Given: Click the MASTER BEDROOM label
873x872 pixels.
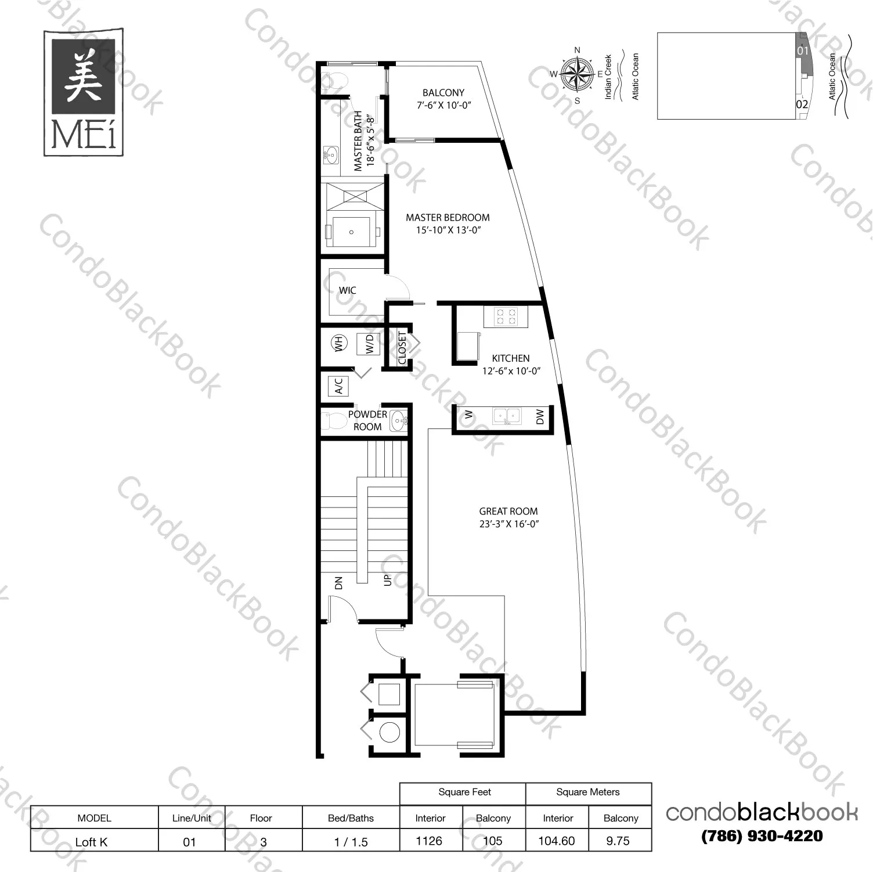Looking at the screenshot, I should (448, 218).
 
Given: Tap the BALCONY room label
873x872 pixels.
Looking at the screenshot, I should (443, 93).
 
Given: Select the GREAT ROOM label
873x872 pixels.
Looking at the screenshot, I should (508, 511).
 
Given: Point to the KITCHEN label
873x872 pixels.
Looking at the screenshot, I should (511, 358).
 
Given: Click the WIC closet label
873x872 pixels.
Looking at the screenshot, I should (347, 290).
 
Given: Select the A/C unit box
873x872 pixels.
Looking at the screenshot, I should (338, 386).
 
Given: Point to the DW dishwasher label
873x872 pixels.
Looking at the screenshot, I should (540, 416).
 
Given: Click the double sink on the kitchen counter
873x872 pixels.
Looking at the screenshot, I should (507, 416).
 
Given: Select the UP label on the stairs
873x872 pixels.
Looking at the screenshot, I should (388, 579).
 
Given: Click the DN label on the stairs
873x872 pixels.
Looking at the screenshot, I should (339, 582).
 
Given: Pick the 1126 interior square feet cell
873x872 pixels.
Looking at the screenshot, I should (430, 841).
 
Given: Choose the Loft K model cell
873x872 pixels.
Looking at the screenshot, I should (92, 842).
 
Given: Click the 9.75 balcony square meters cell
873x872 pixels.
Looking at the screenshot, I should (618, 841).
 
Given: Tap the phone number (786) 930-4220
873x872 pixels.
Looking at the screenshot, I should (762, 836).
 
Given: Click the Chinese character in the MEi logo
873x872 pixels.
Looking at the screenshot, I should (83, 76).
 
